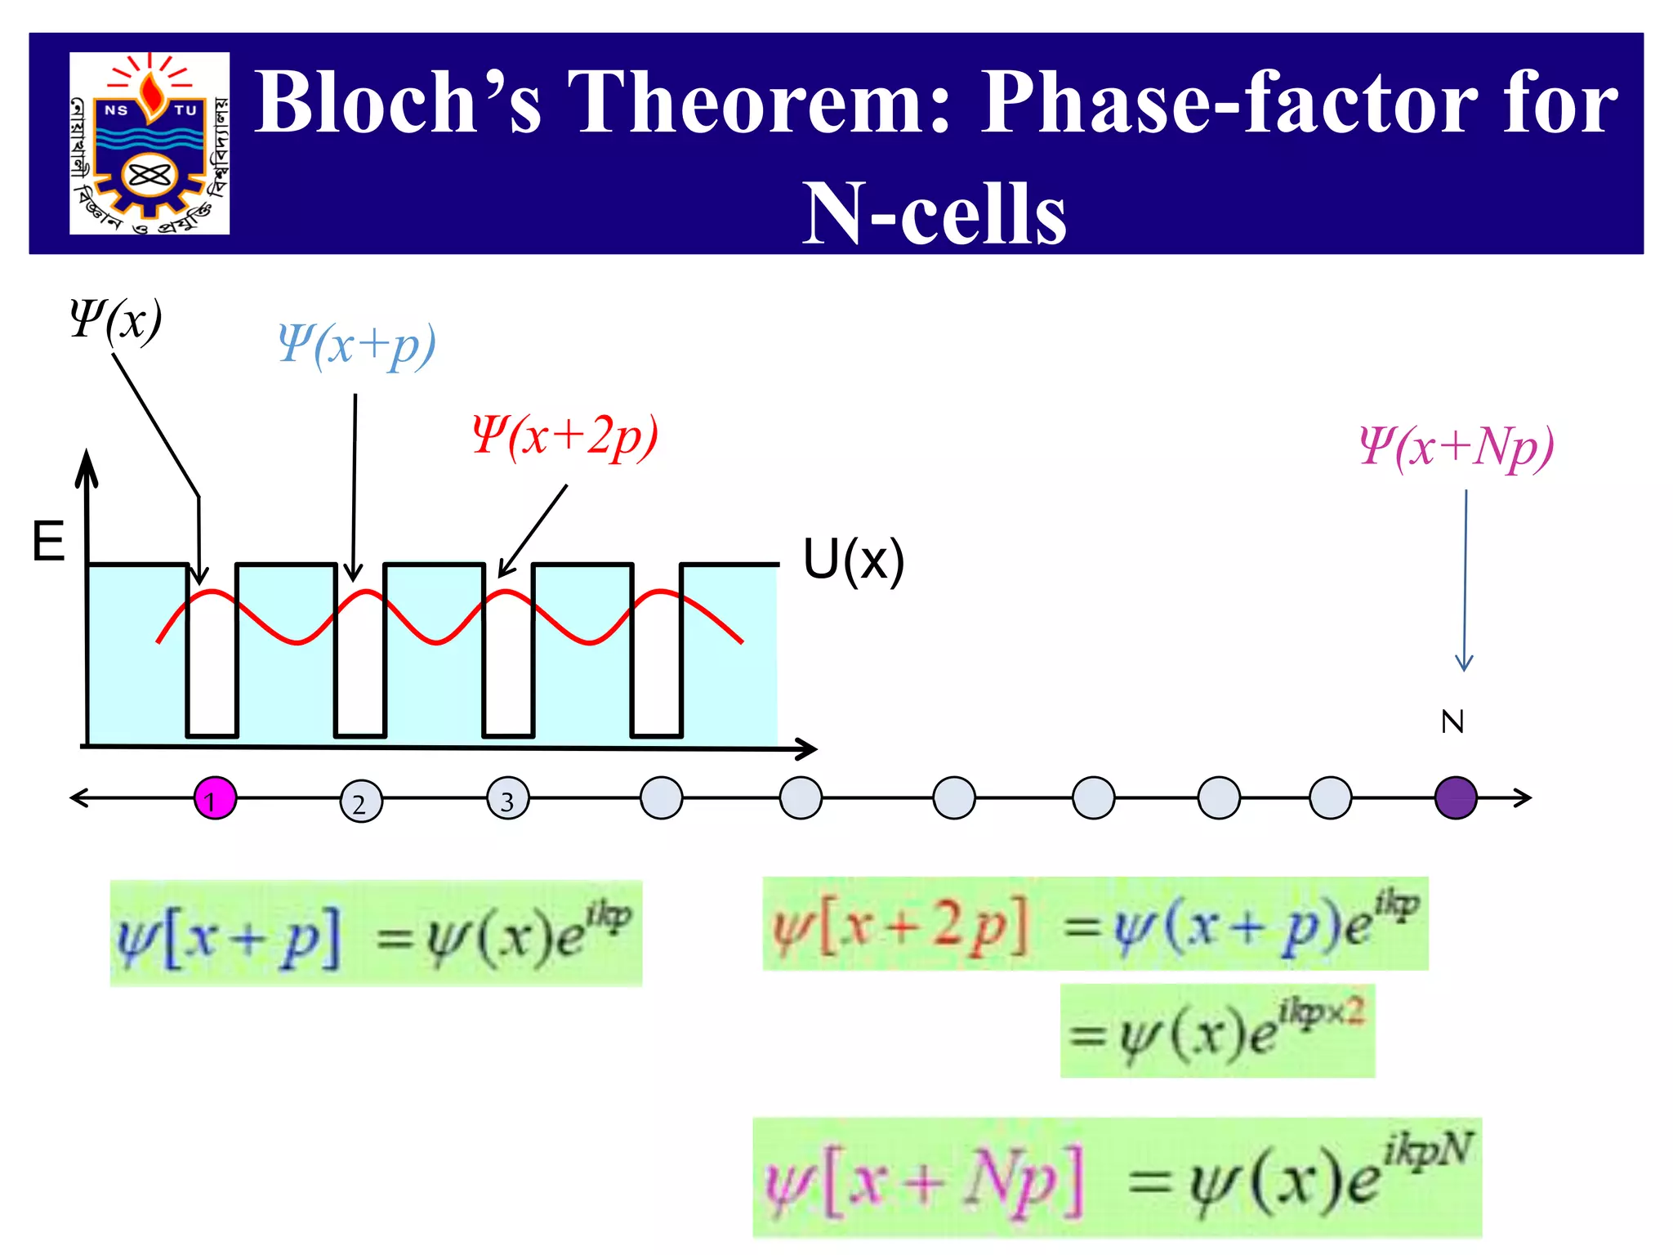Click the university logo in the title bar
[x=149, y=144]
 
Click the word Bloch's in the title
[x=398, y=101]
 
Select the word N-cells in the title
[x=934, y=212]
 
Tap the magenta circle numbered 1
[x=215, y=798]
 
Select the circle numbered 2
[x=361, y=802]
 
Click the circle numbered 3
[x=508, y=799]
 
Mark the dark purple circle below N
[x=1456, y=798]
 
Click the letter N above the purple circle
[x=1452, y=721]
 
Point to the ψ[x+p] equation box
[x=376, y=933]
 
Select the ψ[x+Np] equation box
[x=1117, y=1177]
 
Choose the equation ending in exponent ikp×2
[x=1217, y=1031]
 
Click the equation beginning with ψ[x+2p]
[x=1095, y=924]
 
